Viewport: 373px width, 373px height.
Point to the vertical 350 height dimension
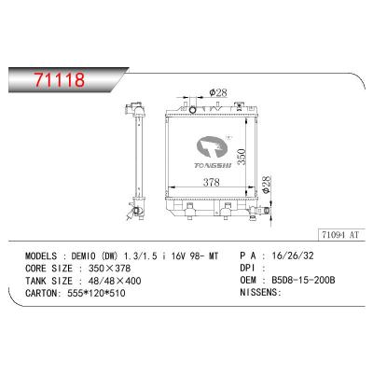pyautogui.click(x=242, y=154)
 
